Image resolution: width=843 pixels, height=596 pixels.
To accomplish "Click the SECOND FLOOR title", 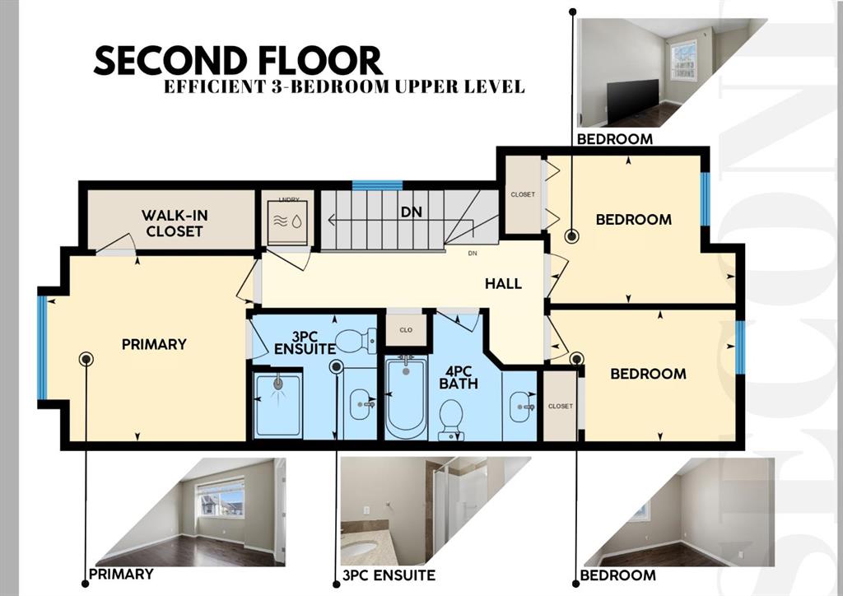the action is [238, 60].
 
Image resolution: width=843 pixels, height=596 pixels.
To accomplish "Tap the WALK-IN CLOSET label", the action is [175, 223].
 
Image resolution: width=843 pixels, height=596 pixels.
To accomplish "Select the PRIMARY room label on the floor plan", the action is [154, 344].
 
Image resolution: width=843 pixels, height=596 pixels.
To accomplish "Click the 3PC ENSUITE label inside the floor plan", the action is [305, 343].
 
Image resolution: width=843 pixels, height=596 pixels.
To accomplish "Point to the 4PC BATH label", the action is [458, 377].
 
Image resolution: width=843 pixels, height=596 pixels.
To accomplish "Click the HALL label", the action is [503, 283].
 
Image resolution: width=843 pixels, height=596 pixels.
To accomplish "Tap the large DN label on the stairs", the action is [412, 212].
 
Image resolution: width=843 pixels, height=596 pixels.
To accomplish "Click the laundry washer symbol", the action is [287, 222].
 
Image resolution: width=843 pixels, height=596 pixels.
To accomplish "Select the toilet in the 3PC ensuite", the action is [356, 341].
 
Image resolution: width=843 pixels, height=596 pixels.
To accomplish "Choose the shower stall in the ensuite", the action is [278, 405].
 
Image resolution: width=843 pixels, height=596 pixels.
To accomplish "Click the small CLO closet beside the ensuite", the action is [406, 330].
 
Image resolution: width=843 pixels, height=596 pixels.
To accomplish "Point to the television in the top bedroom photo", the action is [632, 100].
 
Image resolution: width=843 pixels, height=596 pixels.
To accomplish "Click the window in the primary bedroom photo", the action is [221, 498].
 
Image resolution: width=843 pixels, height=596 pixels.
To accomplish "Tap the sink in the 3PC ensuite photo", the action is [359, 549].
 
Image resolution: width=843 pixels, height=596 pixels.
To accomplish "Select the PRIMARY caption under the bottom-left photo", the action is [121, 574].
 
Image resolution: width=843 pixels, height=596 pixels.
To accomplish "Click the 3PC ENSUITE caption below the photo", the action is [389, 575].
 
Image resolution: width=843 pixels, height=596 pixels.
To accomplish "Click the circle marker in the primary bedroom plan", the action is [86, 359].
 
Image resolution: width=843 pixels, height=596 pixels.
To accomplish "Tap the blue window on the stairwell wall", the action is [377, 185].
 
